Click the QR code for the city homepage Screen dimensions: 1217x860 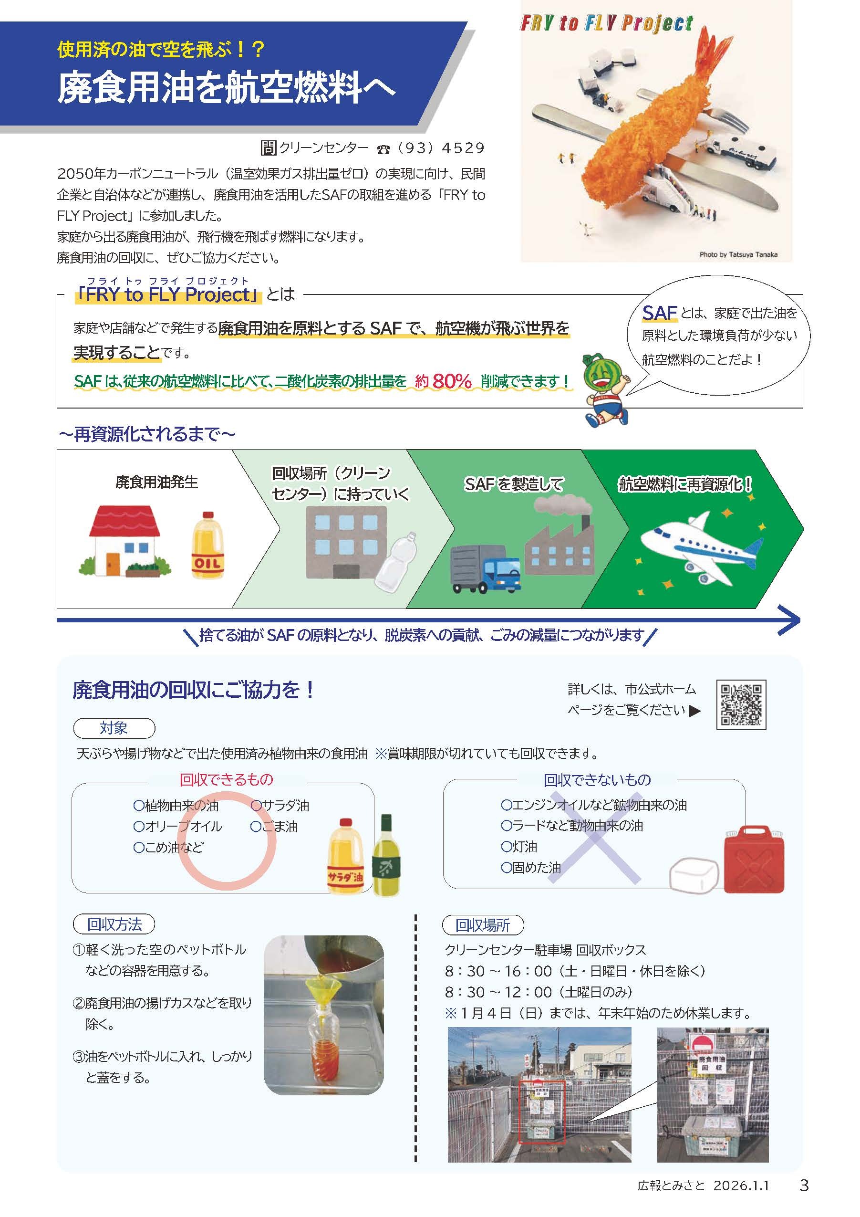pyautogui.click(x=741, y=704)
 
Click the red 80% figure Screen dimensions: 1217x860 pyautogui.click(x=451, y=381)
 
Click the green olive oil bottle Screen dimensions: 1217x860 pyautogui.click(x=386, y=857)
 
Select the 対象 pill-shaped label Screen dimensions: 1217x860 pyautogui.click(x=114, y=728)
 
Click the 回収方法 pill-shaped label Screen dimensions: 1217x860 pyautogui.click(x=114, y=924)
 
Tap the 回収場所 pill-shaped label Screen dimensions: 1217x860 pyautogui.click(x=483, y=925)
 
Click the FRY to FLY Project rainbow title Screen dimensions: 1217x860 pyautogui.click(x=606, y=23)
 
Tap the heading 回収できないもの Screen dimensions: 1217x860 pyautogui.click(x=597, y=780)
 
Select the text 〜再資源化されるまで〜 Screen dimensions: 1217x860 pyautogui.click(x=147, y=435)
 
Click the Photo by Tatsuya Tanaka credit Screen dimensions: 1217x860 pyautogui.click(x=738, y=254)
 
